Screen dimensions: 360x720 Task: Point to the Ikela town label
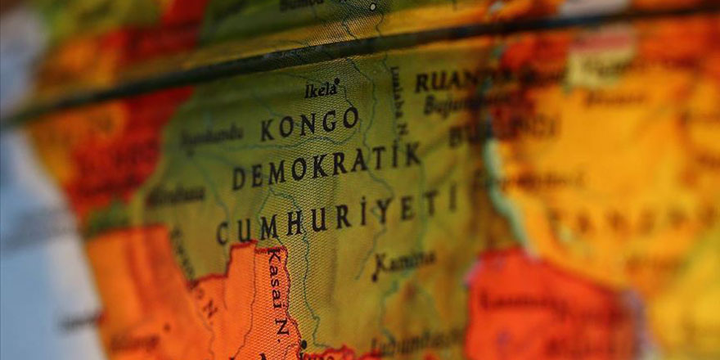click(x=321, y=89)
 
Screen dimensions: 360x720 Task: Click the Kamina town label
click(x=404, y=261)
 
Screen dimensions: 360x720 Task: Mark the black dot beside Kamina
click(x=376, y=277)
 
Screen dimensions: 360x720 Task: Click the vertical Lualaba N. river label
click(x=397, y=101)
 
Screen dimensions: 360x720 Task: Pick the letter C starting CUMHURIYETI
click(x=222, y=234)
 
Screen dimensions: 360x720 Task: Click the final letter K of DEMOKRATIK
click(x=413, y=153)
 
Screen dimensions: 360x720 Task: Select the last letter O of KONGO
click(x=350, y=118)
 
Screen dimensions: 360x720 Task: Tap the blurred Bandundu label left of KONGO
click(x=211, y=139)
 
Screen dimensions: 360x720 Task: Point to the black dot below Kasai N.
click(x=302, y=344)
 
